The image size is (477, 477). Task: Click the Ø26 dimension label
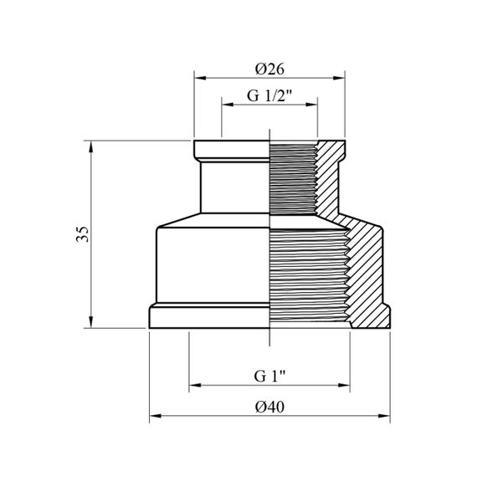269,69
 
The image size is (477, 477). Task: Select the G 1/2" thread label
269,95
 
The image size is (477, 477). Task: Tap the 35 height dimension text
83,234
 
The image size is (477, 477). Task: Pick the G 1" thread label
269,376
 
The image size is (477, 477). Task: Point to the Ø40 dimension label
269,407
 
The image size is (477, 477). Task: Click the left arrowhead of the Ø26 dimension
200,78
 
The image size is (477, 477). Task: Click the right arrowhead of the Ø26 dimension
339,78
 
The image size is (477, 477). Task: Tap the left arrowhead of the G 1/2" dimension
228,105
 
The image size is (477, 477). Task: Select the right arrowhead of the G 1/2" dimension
311,105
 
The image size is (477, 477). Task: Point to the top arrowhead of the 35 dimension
90,146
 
